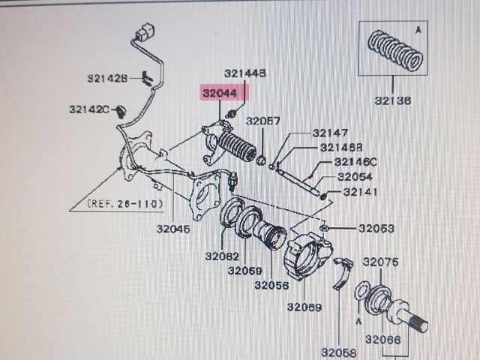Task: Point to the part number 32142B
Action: pos(108,77)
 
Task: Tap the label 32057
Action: pos(263,121)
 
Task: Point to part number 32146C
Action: pos(355,162)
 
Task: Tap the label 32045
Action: pos(175,229)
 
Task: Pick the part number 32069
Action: pos(303,307)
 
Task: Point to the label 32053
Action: pos(375,228)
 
